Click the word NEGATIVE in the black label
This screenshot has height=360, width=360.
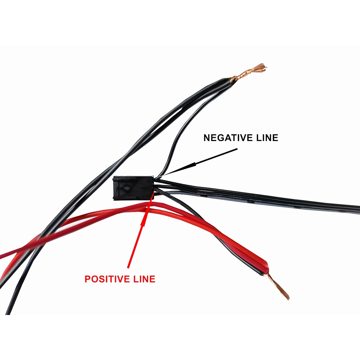(225, 138)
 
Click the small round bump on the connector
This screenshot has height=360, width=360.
(127, 189)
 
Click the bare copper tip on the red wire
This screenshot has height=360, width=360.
(280, 286)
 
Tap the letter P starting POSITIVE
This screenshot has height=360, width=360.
(87, 279)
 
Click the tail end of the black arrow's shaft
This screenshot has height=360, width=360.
(237, 149)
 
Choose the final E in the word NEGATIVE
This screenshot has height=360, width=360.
(244, 138)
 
